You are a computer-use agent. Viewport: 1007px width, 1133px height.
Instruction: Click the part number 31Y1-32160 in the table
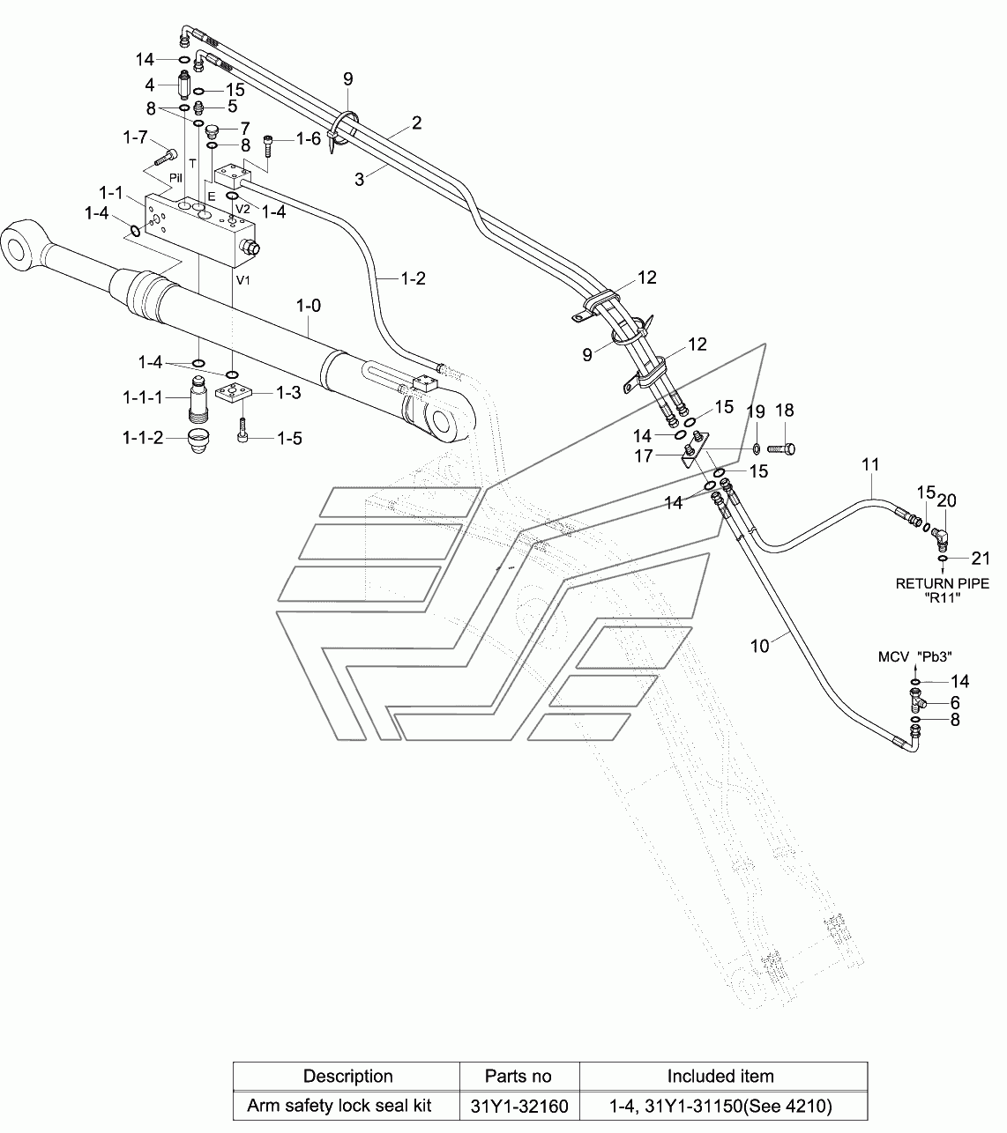click(x=518, y=1106)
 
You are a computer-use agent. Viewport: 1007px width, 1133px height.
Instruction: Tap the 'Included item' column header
click(x=720, y=1076)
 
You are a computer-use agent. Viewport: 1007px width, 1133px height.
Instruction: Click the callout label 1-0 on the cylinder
click(x=308, y=306)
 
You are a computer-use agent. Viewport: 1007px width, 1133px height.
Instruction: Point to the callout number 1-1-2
click(x=143, y=437)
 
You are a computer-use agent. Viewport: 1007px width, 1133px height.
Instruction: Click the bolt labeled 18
click(x=781, y=448)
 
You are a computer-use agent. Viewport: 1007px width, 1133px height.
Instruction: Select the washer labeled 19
click(x=757, y=448)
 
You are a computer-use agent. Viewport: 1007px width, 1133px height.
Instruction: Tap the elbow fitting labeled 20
click(x=940, y=537)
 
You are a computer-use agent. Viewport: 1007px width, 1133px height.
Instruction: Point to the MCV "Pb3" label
click(x=914, y=656)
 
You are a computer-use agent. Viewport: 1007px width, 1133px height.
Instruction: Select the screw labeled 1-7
click(x=166, y=157)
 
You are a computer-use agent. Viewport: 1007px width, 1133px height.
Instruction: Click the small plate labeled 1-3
click(x=234, y=395)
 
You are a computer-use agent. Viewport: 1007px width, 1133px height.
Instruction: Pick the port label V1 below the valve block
click(x=243, y=280)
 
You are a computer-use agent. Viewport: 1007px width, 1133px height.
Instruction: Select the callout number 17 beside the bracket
click(x=644, y=456)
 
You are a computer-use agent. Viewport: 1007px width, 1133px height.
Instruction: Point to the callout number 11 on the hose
click(x=870, y=464)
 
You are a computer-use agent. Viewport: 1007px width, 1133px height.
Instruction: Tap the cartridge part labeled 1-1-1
click(x=197, y=399)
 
